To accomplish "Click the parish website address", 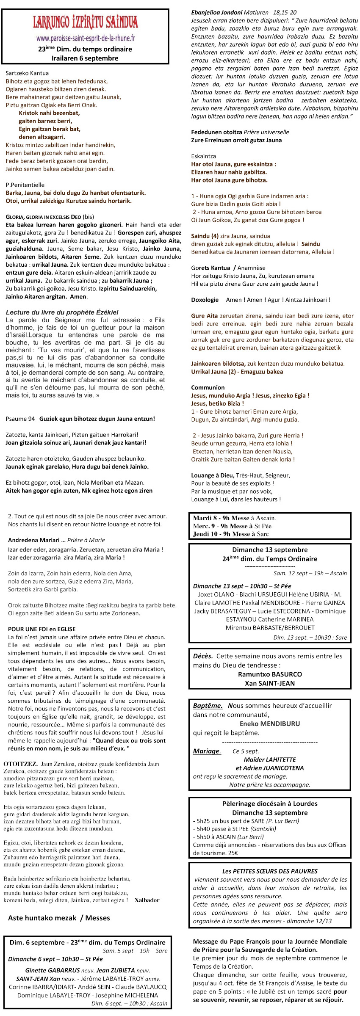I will point(86,39).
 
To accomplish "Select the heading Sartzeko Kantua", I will point(27,73).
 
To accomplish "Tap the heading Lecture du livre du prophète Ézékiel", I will point(62,312).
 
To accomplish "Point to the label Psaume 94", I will point(20,419).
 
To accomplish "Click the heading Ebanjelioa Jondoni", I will point(216,13).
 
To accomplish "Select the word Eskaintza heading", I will point(203,156).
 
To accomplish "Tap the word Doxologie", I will point(205,300).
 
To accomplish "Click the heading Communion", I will point(208,387).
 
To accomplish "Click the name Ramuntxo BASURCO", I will point(270,674).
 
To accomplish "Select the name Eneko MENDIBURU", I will point(269,723).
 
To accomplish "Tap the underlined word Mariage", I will point(207,751).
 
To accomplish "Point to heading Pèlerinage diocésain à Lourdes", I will point(269,803).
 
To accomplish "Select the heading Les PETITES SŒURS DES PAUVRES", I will point(270,871).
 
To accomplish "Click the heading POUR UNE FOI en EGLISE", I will point(42,629).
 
